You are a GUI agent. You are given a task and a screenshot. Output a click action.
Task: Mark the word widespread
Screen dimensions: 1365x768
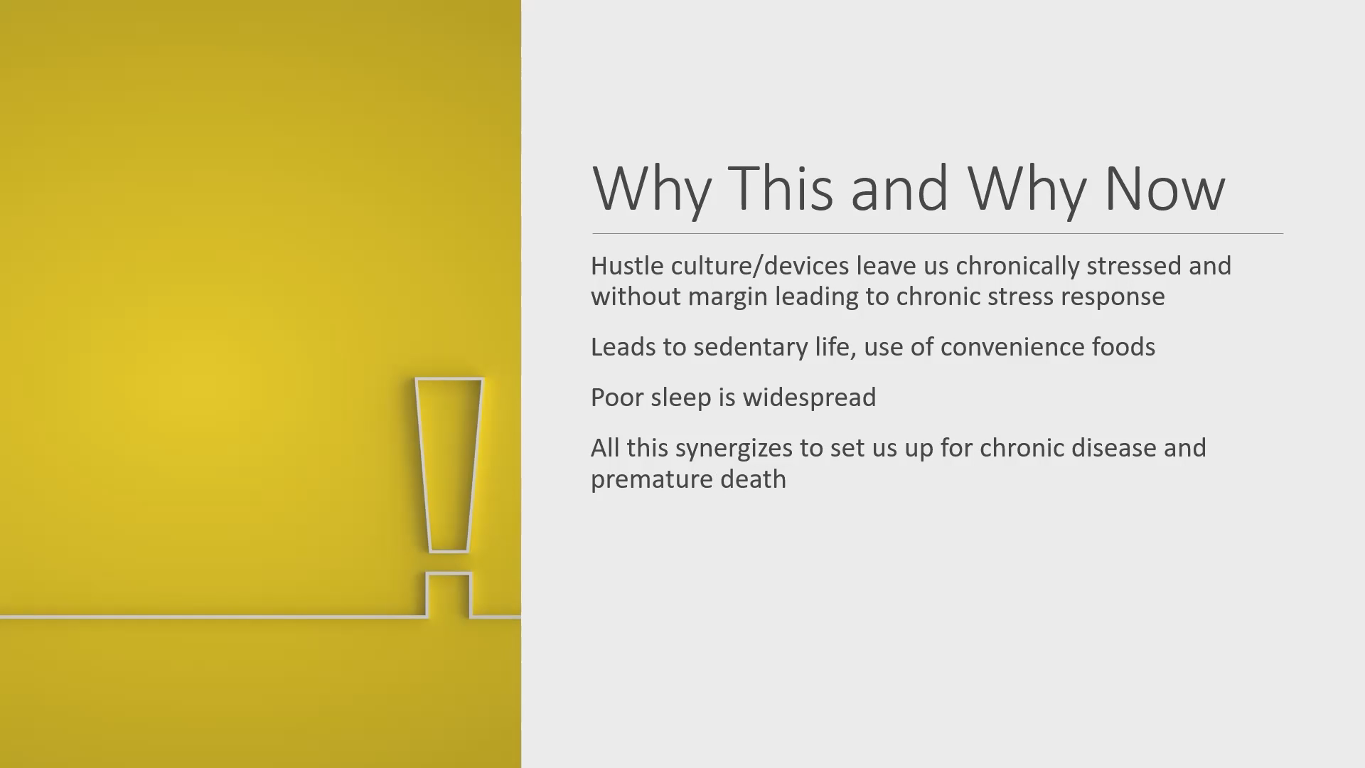click(x=809, y=398)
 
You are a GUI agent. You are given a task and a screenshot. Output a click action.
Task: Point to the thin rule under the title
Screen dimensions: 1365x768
click(x=937, y=233)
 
